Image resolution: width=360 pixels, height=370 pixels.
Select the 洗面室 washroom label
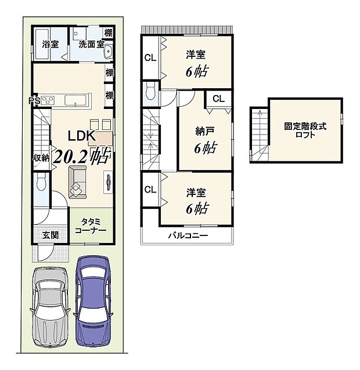point(91,44)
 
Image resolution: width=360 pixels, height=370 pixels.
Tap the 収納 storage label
point(40,158)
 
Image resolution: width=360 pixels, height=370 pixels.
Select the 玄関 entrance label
point(49,235)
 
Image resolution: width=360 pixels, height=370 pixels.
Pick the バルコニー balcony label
point(188,235)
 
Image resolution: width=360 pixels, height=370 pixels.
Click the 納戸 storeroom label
point(203,131)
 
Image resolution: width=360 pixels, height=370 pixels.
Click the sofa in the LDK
point(77,181)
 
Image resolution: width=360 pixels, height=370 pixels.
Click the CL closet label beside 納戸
point(218,99)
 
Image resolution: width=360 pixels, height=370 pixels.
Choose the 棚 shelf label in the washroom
point(109,32)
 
